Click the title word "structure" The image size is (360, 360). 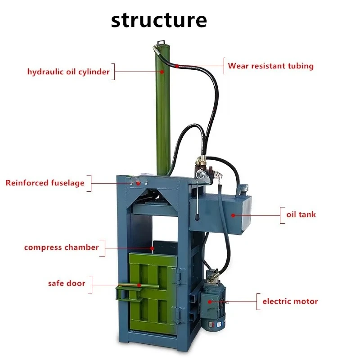coord(159,20)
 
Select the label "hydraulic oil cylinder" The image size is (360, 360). coord(68,72)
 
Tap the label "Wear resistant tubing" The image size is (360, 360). coord(270,66)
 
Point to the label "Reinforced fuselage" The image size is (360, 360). coord(45,183)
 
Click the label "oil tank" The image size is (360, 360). coord(301,215)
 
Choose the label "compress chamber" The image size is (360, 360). coord(61,247)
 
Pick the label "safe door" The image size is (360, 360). coord(67,283)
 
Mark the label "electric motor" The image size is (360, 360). coord(290,301)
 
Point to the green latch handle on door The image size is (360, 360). coord(128,291)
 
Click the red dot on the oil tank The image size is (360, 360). coord(233,215)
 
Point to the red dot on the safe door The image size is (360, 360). coord(139,285)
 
